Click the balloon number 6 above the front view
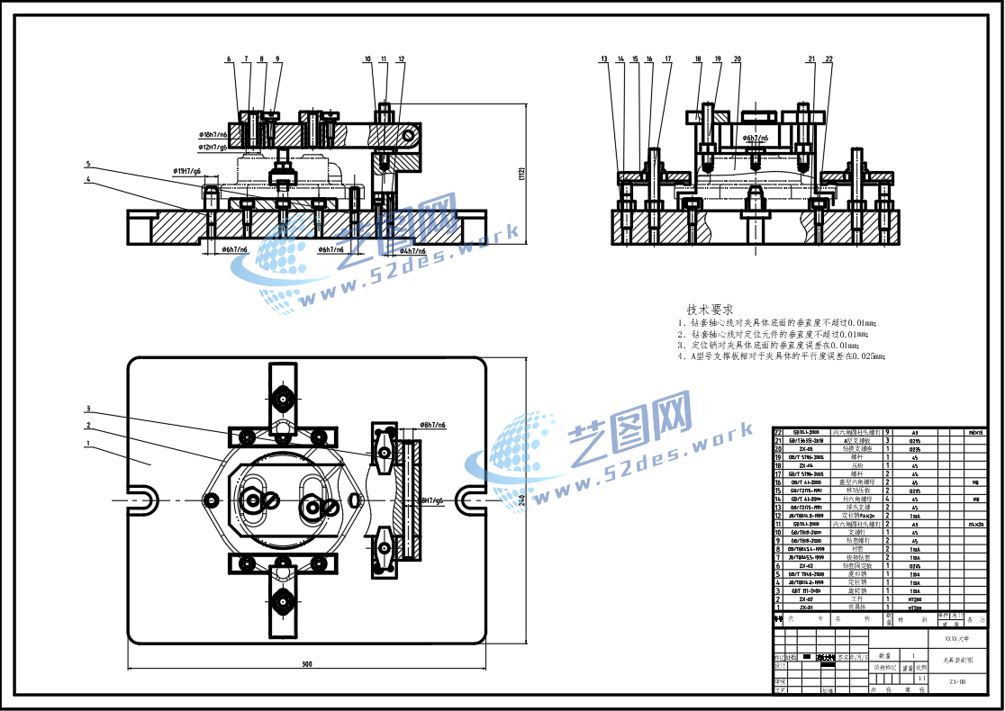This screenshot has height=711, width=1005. (x=229, y=59)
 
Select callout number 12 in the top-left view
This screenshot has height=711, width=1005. (x=402, y=59)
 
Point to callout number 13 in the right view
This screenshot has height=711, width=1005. (x=604, y=59)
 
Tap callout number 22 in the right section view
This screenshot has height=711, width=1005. (x=828, y=59)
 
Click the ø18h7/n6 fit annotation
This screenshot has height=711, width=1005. (x=213, y=134)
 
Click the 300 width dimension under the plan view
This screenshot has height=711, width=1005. (x=306, y=664)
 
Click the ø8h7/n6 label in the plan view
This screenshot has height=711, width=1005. (x=432, y=424)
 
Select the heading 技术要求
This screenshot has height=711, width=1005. (x=710, y=309)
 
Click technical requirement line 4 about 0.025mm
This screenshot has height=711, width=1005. (x=782, y=356)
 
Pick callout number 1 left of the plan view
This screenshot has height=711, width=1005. (x=88, y=444)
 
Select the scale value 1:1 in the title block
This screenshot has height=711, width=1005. (x=921, y=678)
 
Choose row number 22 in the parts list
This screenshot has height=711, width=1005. (x=779, y=433)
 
